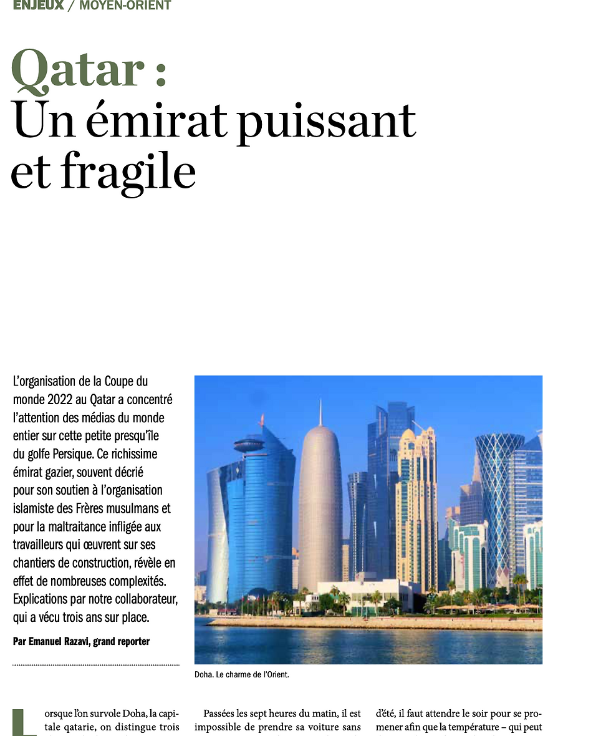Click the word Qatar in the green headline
click(79, 70)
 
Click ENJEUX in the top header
click(38, 6)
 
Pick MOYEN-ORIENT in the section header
click(125, 6)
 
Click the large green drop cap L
click(24, 722)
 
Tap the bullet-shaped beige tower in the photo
click(320, 505)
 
